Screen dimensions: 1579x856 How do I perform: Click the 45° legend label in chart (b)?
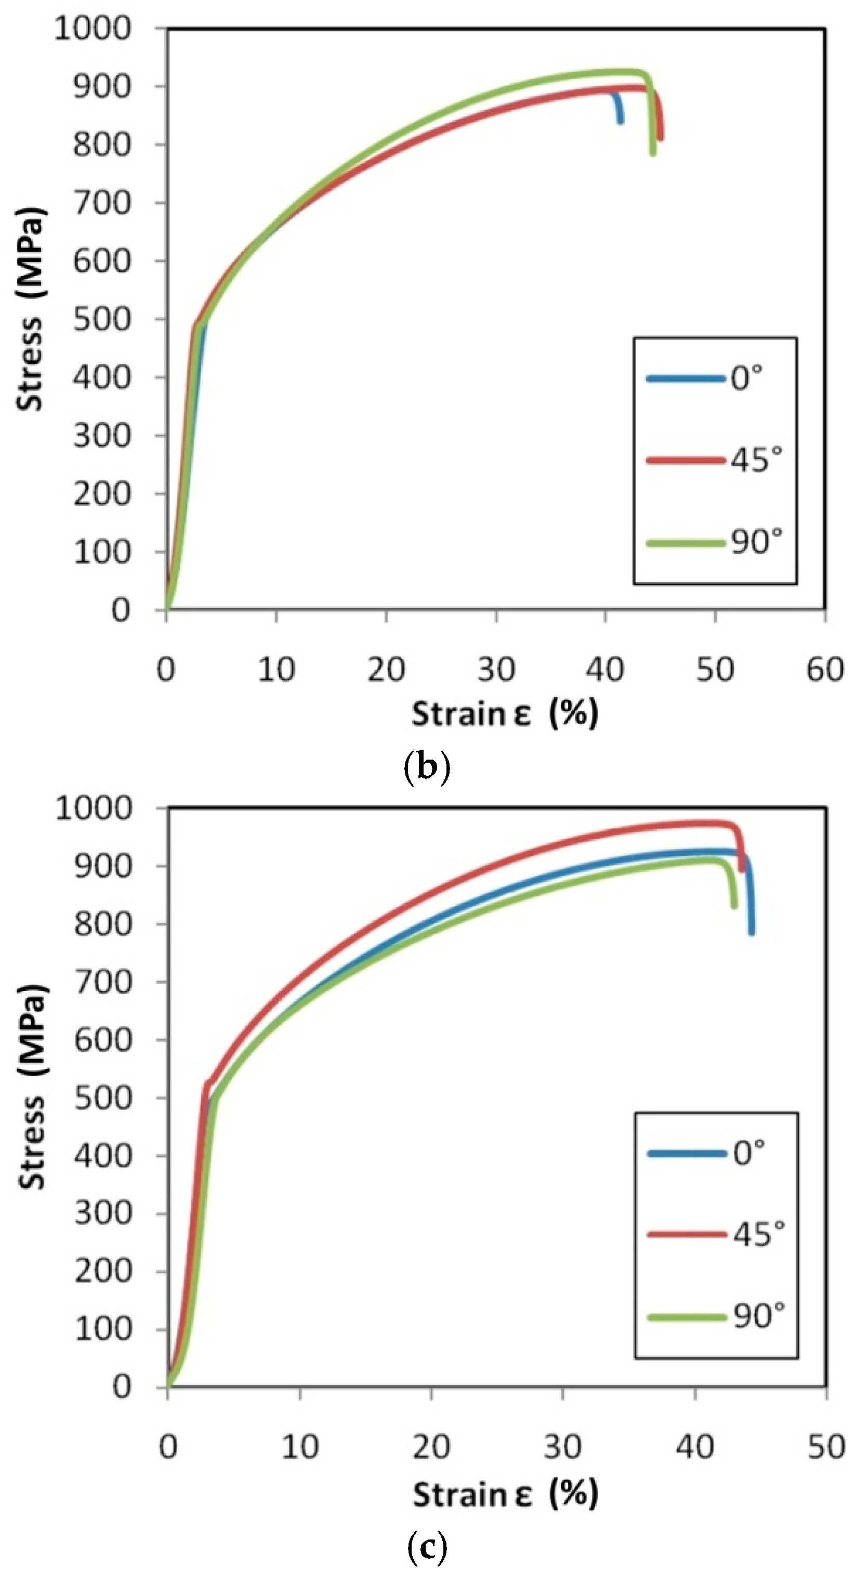(756, 460)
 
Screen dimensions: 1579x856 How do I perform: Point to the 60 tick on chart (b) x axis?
(825, 669)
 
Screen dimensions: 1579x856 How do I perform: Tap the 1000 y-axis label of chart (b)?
(93, 28)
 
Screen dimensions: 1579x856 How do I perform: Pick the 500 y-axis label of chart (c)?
(103, 1098)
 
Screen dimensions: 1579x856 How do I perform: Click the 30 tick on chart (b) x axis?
(496, 669)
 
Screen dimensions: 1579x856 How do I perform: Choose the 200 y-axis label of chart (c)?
(103, 1272)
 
